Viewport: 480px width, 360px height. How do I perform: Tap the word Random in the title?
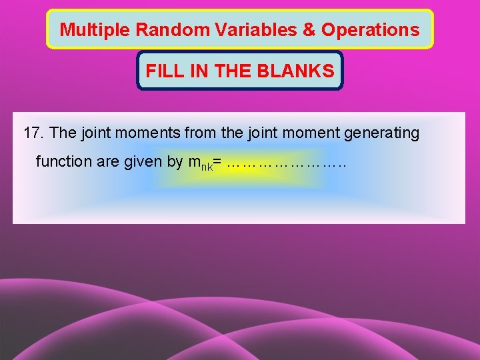point(155,30)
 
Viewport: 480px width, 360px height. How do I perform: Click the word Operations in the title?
point(371,30)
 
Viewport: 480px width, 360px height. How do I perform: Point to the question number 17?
point(33,133)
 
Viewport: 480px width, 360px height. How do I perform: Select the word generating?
point(381,133)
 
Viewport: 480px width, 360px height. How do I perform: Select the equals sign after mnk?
point(217,162)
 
